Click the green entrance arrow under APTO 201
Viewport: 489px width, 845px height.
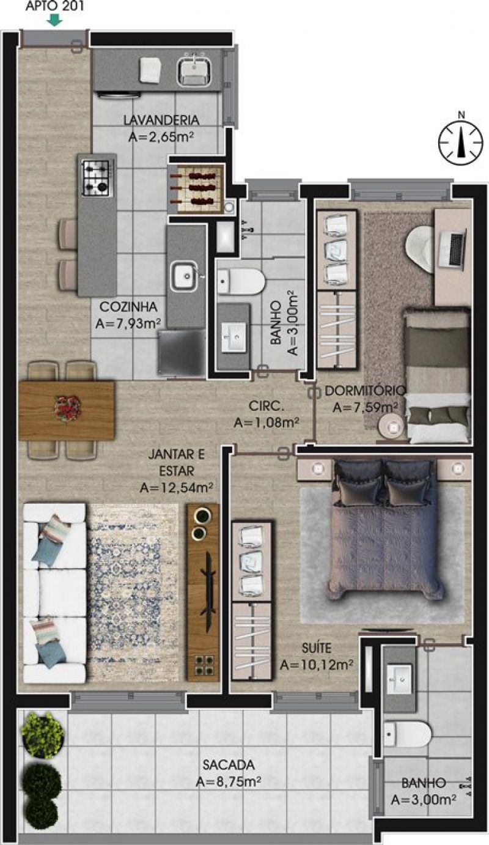[x=56, y=20]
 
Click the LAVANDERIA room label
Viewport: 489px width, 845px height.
[x=161, y=120]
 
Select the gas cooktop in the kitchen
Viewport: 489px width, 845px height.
[x=98, y=178]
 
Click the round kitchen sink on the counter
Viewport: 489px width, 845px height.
[x=185, y=276]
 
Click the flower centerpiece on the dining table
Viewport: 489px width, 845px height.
[x=68, y=408]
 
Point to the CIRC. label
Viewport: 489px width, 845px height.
[x=266, y=406]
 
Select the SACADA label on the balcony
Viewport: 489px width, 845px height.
[x=229, y=765]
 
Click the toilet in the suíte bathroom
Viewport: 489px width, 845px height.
[x=407, y=734]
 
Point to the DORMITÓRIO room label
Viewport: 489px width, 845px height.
[x=365, y=391]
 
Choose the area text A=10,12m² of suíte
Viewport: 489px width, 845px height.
[x=317, y=665]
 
